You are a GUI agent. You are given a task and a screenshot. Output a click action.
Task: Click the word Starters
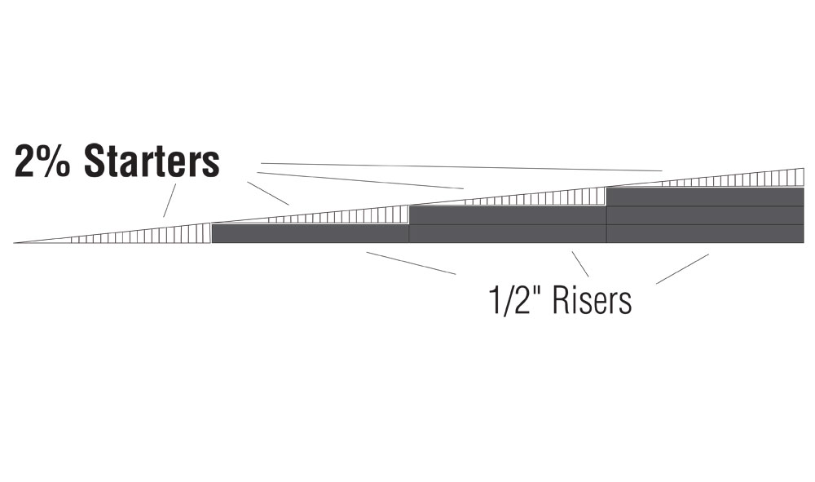[152, 161]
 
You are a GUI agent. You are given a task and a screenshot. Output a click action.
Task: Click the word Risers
[592, 300]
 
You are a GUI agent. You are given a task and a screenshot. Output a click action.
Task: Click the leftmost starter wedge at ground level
[156, 235]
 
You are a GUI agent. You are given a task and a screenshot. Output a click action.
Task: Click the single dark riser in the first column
[311, 234]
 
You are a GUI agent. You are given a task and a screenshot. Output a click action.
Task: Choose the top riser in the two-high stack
[509, 215]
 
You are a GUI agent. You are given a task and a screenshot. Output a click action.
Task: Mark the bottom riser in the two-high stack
[509, 234]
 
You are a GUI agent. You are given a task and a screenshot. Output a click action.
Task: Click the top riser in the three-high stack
[706, 197]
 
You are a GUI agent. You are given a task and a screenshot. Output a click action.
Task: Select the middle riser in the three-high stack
[706, 216]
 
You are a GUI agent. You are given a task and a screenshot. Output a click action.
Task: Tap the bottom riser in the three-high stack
[706, 234]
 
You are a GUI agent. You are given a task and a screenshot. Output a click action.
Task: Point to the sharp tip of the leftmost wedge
[14, 243]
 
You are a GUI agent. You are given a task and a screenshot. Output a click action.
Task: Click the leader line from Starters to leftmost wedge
[170, 200]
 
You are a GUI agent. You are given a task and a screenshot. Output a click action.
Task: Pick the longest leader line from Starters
[461, 167]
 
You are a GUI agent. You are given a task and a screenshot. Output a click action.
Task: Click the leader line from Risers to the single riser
[411, 263]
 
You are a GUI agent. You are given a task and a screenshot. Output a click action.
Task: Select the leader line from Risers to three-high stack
[682, 269]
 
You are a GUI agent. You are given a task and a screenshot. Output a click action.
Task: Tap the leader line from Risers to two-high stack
[580, 264]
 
